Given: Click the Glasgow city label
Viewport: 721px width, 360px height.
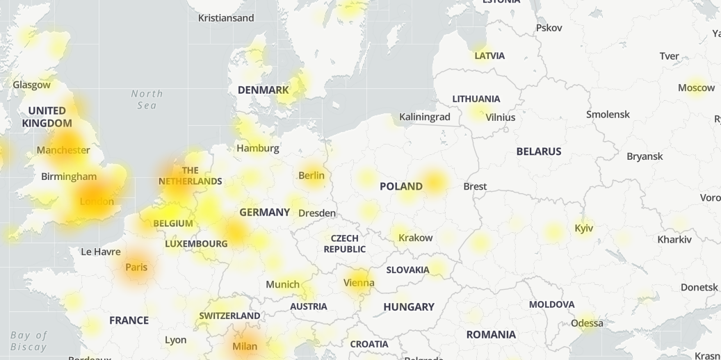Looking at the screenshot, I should [31, 85].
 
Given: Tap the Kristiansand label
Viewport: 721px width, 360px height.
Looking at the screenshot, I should [226, 18].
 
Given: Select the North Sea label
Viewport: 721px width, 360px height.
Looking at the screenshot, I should [147, 99].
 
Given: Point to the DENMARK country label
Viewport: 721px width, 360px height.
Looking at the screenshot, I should [263, 90].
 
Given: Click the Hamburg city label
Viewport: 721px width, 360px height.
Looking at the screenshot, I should [257, 148].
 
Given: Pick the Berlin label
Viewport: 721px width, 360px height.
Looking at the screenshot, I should [311, 175].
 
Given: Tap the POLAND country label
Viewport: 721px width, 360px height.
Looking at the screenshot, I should [400, 186].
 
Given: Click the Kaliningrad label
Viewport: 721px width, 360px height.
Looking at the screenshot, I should [424, 117].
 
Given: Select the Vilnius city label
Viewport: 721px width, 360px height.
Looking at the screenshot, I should [500, 117].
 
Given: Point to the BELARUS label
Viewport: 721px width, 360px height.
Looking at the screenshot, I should [538, 152].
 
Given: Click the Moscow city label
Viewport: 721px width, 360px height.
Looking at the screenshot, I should [696, 88].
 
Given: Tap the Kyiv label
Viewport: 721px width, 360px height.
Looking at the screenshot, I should [583, 228].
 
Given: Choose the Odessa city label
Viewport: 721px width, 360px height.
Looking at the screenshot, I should [587, 323].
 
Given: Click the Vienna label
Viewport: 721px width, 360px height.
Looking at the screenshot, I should [359, 283].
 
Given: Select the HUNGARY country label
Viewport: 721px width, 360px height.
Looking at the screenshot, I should [408, 306].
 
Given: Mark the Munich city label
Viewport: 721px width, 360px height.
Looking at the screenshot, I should [282, 284].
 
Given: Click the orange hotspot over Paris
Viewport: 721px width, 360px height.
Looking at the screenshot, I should [136, 268].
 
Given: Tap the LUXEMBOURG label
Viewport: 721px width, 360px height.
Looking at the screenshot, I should [196, 244].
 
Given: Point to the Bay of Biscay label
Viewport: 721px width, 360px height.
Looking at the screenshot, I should [29, 341].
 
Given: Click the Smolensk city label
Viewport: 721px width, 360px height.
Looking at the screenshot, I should [608, 114].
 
